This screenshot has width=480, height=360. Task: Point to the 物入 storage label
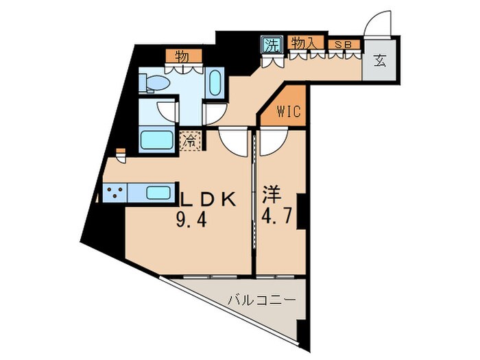pyautogui.click(x=304, y=43)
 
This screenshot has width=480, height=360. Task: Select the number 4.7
pyautogui.click(x=277, y=221)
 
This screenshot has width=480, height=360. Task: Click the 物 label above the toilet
pyautogui.click(x=182, y=56)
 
